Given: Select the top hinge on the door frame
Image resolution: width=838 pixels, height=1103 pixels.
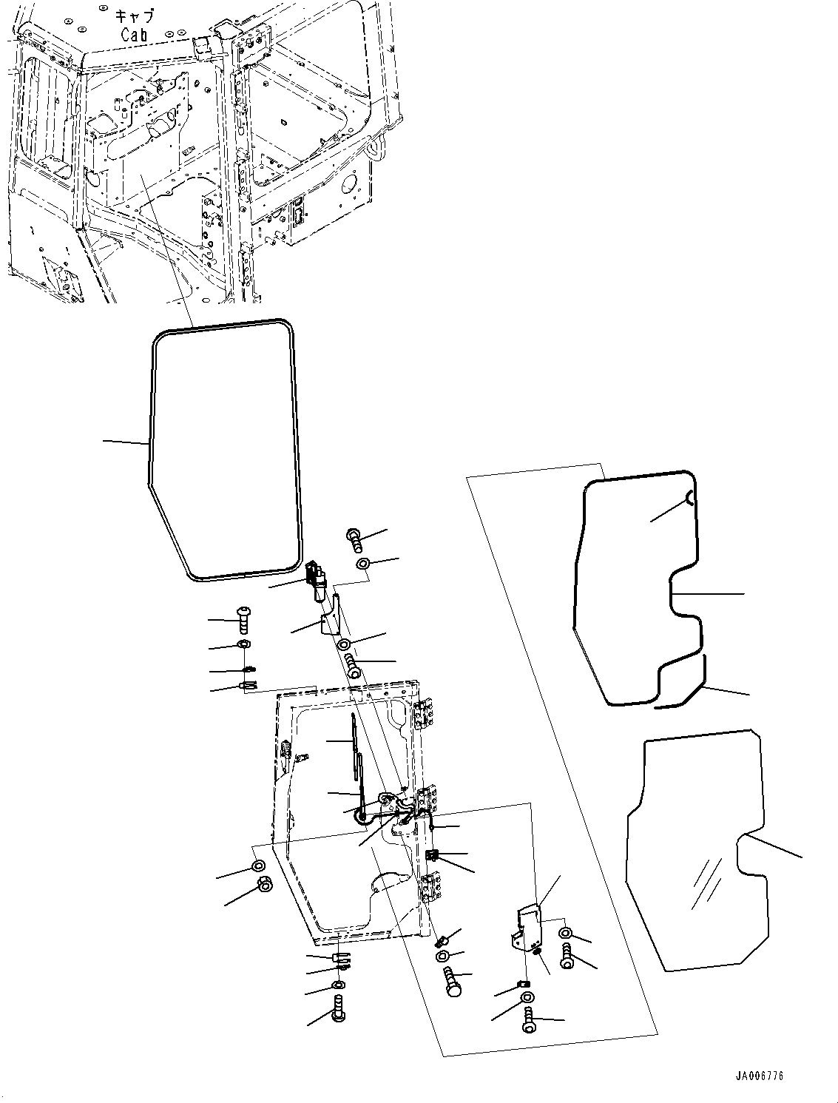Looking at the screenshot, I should [x=423, y=715].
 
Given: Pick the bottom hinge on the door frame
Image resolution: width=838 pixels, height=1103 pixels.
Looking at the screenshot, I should [x=428, y=886].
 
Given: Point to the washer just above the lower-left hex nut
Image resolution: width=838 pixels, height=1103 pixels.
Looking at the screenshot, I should [x=258, y=866].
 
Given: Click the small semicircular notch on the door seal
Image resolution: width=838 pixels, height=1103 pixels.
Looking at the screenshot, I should [x=688, y=498].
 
